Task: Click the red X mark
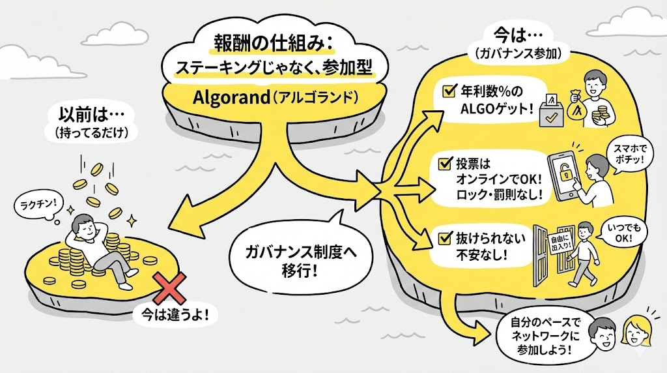tap(166, 285)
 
